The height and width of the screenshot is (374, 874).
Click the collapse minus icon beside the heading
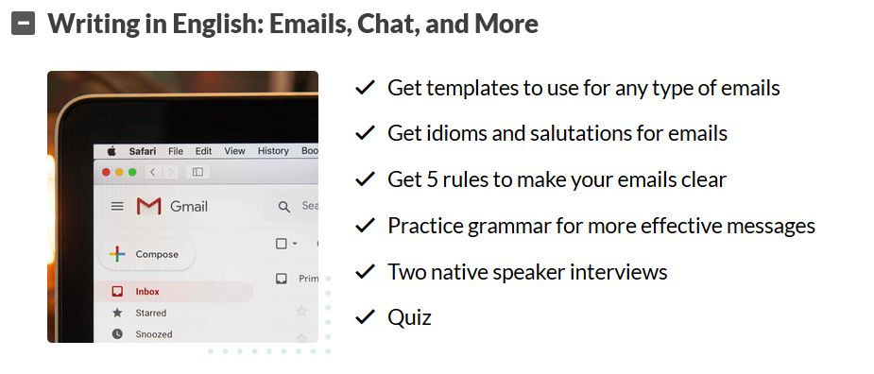[x=23, y=24]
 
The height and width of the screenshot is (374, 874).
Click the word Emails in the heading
[x=311, y=24]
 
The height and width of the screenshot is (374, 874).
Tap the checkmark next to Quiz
[x=365, y=317]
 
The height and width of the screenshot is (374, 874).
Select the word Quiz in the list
[x=410, y=317]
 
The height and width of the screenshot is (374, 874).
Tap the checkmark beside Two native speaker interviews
[x=365, y=271]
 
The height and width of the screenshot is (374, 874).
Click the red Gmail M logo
[x=149, y=206]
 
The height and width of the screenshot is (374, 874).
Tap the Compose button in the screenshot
[x=147, y=254]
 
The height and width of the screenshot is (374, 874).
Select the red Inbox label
[x=147, y=292]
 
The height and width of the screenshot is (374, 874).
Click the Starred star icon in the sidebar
[x=117, y=313]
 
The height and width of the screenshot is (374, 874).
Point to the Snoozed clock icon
[x=117, y=334]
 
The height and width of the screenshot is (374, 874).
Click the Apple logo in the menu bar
[x=111, y=151]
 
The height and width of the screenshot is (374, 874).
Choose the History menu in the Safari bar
[x=273, y=150]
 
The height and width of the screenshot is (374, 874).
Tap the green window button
[x=132, y=172]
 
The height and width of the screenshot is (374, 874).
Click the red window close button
[x=106, y=172]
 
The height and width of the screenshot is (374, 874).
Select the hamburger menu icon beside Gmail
[x=117, y=207]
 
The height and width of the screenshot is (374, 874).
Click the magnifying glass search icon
[x=284, y=208]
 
